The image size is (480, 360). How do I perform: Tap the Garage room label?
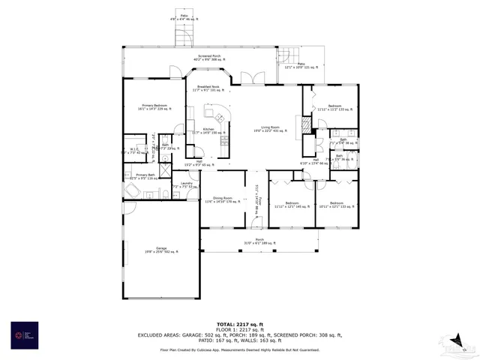coord(161,249)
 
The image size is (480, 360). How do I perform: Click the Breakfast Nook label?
coord(208,88)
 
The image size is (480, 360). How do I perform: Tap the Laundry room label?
coord(185,186)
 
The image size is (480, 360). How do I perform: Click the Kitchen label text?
coord(208,130)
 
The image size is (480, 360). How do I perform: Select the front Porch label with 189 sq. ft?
coord(259,241)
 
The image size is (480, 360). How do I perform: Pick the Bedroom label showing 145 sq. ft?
coord(292,205)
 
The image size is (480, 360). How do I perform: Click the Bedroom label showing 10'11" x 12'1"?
coord(336,205)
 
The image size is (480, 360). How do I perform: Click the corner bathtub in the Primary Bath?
coord(133,192)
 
